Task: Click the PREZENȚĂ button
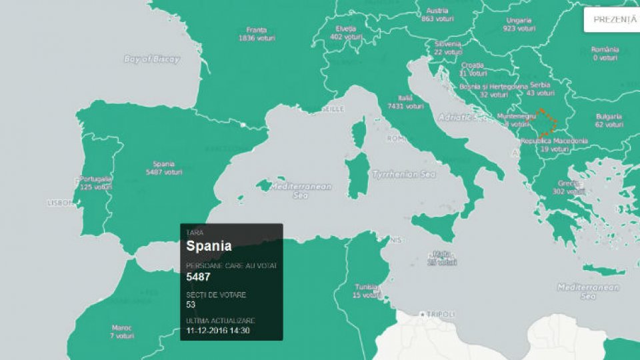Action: pos(615,19)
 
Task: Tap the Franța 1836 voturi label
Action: pos(256,34)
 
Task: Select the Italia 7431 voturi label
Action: pos(405,101)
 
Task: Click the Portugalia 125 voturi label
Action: pos(95,183)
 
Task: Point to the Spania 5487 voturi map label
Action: pos(164,168)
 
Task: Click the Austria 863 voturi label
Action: pos(437,15)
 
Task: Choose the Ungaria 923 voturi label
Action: pos(519,25)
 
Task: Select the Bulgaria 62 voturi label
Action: pos(609,120)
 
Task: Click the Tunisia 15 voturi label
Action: pos(366,291)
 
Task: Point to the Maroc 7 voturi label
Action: pos(122,331)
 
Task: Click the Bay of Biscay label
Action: pos(152,59)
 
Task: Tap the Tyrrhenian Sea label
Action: pos(405,174)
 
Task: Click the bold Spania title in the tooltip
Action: pos(209,246)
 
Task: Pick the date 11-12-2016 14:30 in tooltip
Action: pos(218,330)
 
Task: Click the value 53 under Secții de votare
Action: pos(191,304)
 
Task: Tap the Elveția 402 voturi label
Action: pos(346,33)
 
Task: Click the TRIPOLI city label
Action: pos(439,314)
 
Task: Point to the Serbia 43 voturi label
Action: pos(540,89)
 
